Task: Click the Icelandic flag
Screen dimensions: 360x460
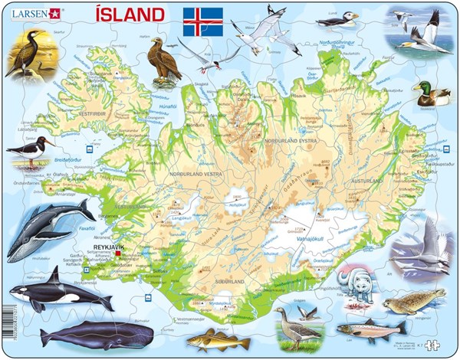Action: (202, 22)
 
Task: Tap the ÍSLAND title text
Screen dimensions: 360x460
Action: (130, 15)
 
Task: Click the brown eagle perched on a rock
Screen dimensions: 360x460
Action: (164, 61)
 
